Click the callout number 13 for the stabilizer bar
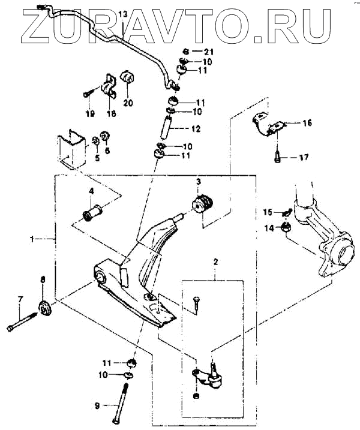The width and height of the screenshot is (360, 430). [123, 13]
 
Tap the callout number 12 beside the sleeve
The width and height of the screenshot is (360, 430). [195, 128]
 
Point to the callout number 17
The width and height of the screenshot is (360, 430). [304, 158]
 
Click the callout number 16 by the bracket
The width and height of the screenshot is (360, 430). [307, 123]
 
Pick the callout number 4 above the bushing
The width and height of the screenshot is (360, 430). [91, 192]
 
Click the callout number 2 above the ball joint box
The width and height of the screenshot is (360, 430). [217, 261]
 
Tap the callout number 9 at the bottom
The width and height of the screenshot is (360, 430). [96, 406]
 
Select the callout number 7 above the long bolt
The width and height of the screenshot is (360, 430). [20, 298]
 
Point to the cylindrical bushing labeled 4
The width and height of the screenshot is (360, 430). [95, 213]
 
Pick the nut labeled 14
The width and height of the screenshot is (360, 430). [286, 227]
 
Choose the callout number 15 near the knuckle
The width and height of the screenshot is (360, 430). [268, 211]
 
